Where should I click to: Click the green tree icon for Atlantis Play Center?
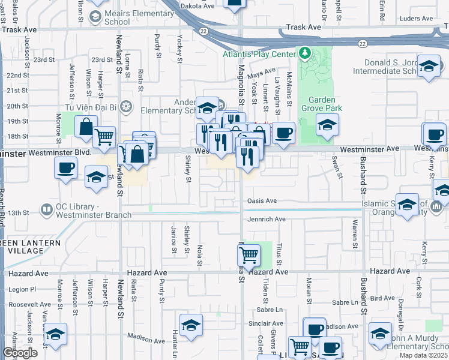point(306,54)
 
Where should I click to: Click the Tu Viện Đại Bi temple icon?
point(125,107)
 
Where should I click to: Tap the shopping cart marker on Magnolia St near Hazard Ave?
point(249,254)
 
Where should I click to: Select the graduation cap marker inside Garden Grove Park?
point(327,125)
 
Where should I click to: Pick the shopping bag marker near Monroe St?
point(86,126)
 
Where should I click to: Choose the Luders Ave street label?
point(415,19)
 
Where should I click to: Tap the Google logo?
point(20,353)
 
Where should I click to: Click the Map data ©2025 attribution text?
point(424,355)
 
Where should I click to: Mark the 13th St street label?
point(35,212)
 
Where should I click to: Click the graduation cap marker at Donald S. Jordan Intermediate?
point(429,67)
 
